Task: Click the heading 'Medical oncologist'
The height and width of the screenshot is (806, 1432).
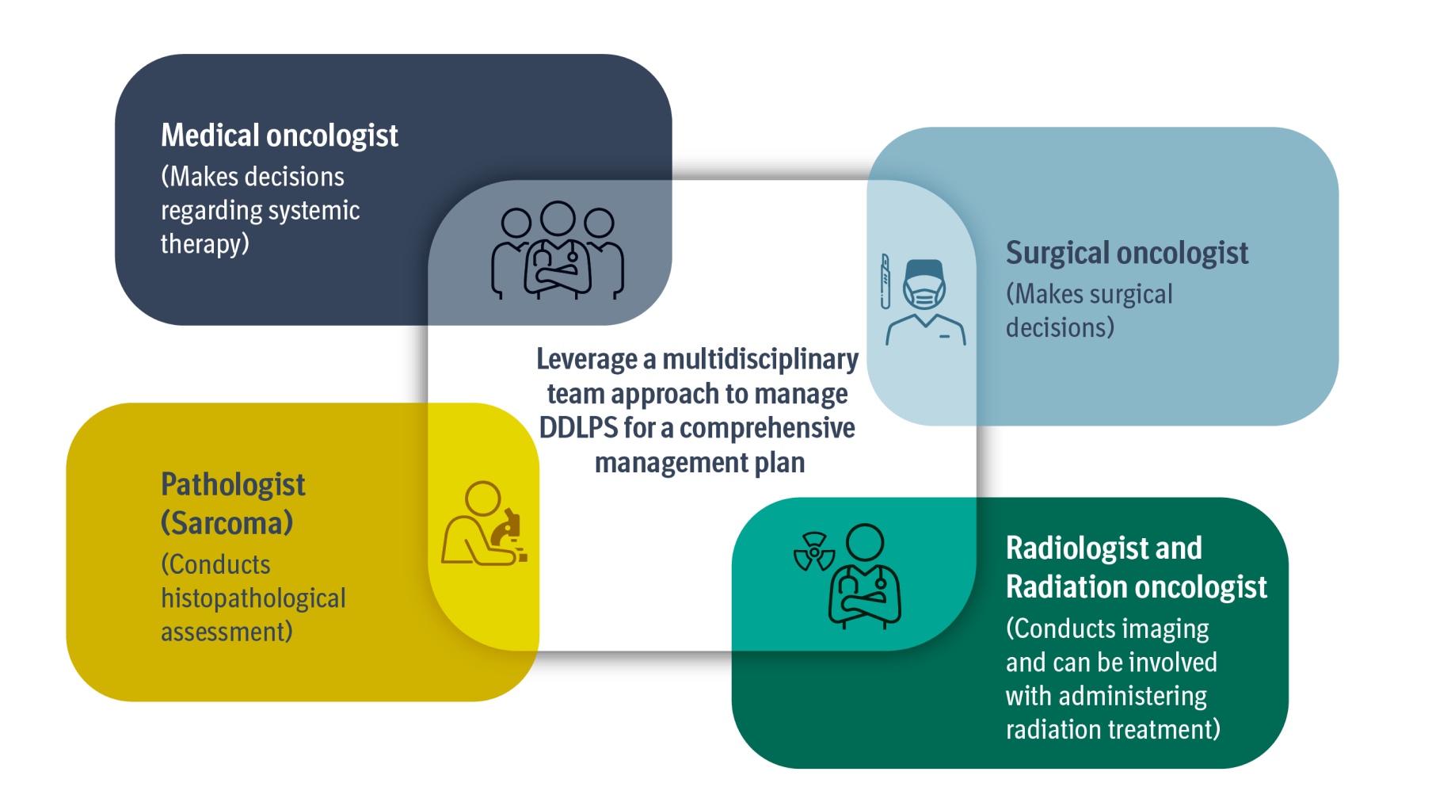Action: (x=280, y=136)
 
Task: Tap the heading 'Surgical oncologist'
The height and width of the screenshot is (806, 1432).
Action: (x=1127, y=254)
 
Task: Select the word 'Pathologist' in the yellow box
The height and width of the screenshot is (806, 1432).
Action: (x=233, y=485)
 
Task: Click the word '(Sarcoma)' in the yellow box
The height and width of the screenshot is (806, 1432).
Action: (x=227, y=523)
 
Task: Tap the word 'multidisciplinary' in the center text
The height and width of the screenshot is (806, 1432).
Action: (x=760, y=360)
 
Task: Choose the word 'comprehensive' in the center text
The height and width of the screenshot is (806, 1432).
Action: (x=767, y=429)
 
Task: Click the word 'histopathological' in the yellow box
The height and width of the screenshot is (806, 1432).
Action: (x=253, y=598)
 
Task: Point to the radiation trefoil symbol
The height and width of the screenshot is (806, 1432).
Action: (x=814, y=552)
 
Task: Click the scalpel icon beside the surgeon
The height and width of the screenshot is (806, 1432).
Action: (x=885, y=281)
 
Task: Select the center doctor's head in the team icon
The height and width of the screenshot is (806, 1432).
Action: (x=558, y=219)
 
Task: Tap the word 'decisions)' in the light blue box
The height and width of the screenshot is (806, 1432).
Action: (x=1060, y=328)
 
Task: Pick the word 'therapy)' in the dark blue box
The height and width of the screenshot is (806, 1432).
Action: (x=205, y=244)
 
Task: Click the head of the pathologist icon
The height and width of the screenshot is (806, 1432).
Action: (x=482, y=499)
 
